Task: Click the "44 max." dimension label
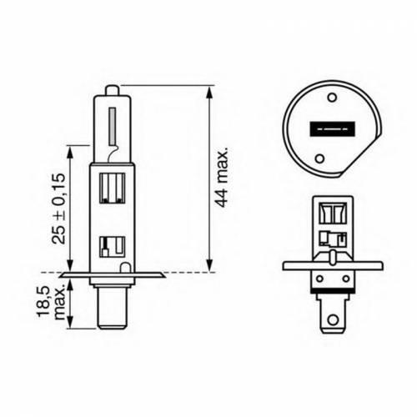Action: click(x=222, y=177)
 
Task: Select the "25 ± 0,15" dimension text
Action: click(x=58, y=208)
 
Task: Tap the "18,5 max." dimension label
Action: click(x=52, y=303)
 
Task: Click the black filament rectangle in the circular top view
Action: click(x=333, y=129)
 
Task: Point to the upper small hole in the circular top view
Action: click(x=332, y=97)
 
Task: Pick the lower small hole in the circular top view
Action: click(x=320, y=158)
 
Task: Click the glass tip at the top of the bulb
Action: click(x=112, y=90)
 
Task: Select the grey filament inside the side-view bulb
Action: click(x=113, y=126)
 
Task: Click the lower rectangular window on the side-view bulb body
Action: click(x=112, y=247)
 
